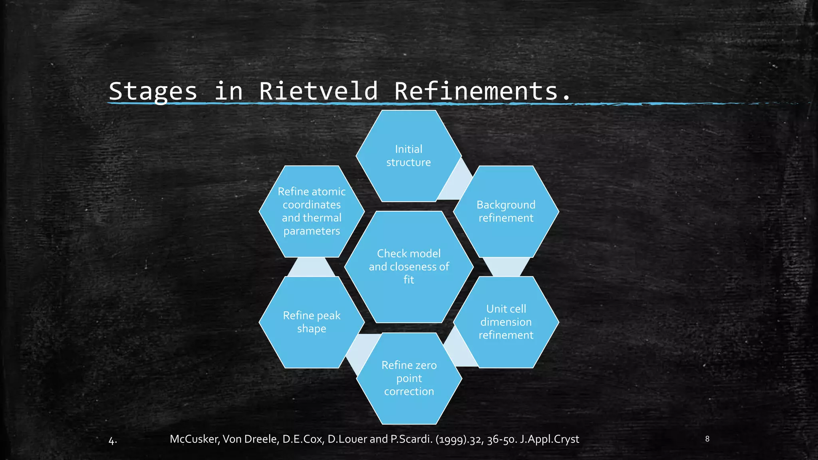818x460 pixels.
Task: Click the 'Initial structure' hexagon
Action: (x=409, y=156)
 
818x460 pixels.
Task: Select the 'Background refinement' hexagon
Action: (x=506, y=212)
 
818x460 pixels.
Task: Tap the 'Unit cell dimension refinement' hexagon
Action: (x=506, y=322)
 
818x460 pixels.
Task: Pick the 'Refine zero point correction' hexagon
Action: (x=409, y=378)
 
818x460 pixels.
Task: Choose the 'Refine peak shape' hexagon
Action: (x=312, y=322)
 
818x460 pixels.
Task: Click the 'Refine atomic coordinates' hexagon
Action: (x=312, y=211)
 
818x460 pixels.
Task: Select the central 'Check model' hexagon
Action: (x=409, y=266)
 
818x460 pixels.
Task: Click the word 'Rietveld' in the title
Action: (x=318, y=91)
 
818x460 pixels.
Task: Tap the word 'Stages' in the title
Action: (x=153, y=91)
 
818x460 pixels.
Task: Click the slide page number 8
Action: (x=707, y=439)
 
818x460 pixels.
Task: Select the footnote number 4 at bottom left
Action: (x=112, y=441)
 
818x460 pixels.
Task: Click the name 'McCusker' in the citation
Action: (x=194, y=439)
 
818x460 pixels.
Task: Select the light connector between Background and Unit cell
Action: (x=506, y=267)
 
